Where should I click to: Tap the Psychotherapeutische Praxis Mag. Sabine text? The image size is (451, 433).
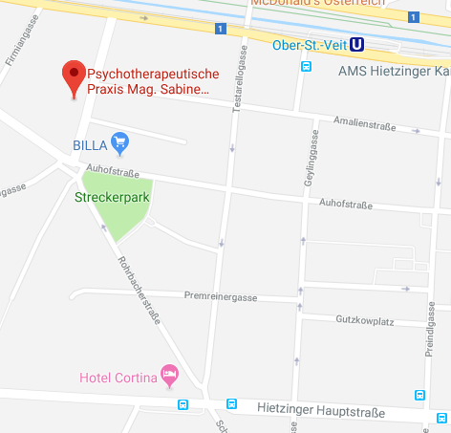[x=153, y=82]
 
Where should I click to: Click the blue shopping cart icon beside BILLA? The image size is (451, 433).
[x=119, y=144]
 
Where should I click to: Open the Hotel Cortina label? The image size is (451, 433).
[x=117, y=378]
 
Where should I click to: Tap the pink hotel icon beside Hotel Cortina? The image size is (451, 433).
[x=170, y=374]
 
